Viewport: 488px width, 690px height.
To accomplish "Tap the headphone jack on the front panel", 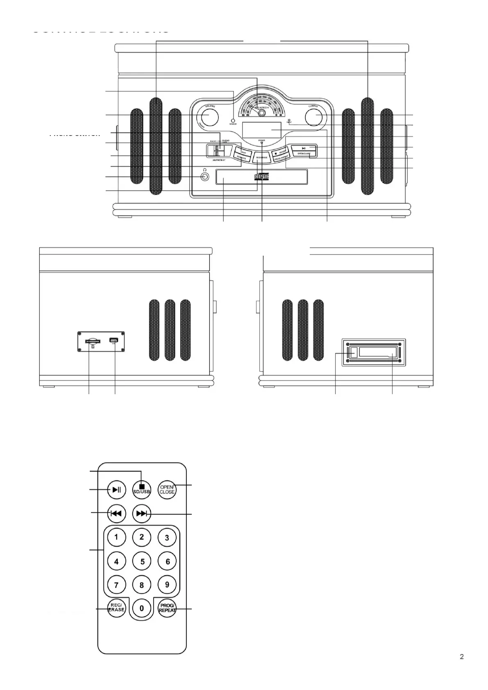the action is point(205,177).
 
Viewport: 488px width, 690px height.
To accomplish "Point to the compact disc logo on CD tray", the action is point(262,177).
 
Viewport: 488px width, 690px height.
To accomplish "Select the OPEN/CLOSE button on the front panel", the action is point(304,154).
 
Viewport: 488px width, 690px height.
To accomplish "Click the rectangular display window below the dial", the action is point(261,130).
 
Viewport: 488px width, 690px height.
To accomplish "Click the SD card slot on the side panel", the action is point(93,341).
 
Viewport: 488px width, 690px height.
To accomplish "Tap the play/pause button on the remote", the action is point(116,489).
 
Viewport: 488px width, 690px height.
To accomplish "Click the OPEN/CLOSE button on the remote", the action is point(167,489).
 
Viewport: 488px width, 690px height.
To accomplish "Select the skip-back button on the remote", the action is point(116,513).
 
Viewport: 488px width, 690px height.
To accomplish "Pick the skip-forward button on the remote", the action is point(142,513).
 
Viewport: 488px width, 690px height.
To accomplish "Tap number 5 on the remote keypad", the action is point(142,561).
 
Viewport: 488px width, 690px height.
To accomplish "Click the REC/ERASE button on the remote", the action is point(116,608).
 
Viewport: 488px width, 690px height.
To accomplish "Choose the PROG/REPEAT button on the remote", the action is point(167,608).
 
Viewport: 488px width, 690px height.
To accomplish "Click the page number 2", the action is point(462,657).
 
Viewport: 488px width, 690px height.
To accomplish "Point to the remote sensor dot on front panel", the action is point(233,120).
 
